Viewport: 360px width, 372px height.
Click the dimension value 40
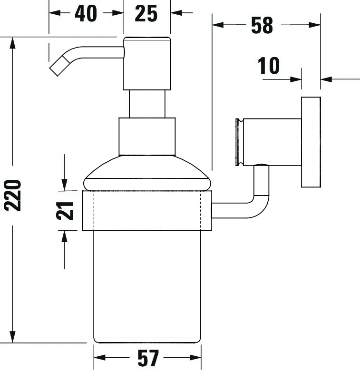86,13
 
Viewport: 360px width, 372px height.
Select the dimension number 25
146,13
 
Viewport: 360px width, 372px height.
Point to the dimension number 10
269,66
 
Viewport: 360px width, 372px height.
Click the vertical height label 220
12,195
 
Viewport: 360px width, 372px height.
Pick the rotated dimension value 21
65,210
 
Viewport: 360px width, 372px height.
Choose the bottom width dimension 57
147,357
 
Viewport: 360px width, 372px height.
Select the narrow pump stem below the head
146,103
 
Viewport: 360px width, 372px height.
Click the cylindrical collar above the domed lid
146,136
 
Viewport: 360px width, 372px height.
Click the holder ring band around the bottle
146,210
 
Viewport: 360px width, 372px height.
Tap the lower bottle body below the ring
146,285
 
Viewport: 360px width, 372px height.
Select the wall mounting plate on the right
311,142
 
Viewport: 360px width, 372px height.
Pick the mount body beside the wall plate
271,142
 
